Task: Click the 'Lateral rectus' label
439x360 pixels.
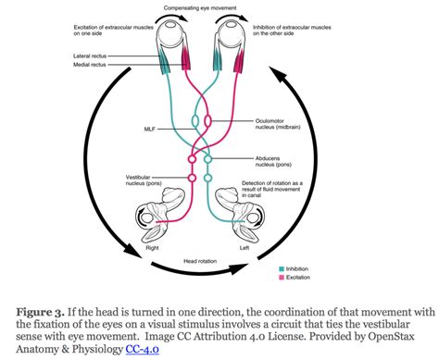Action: pos(90,56)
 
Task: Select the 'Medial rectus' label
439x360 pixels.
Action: pos(90,65)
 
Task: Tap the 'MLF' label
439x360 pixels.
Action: pos(150,130)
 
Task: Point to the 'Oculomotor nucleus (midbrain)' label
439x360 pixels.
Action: pos(278,124)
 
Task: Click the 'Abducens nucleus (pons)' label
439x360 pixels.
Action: pos(273,161)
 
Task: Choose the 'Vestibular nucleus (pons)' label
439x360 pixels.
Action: pos(144,180)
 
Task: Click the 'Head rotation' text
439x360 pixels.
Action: pos(200,261)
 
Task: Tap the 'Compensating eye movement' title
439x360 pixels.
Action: pos(200,7)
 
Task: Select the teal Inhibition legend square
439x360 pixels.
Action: pos(282,269)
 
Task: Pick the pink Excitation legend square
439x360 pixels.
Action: pos(282,278)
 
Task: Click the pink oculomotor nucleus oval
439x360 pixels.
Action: pos(208,120)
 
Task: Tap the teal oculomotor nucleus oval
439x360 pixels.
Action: pos(194,120)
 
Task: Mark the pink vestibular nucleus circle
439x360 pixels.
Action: pos(192,178)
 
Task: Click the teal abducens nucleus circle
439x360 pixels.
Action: pos(208,159)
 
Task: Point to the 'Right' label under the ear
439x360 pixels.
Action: pos(152,248)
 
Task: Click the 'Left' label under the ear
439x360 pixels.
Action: pos(245,248)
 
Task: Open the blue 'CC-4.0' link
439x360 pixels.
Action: pos(142,349)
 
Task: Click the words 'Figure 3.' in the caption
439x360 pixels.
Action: pos(41,312)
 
